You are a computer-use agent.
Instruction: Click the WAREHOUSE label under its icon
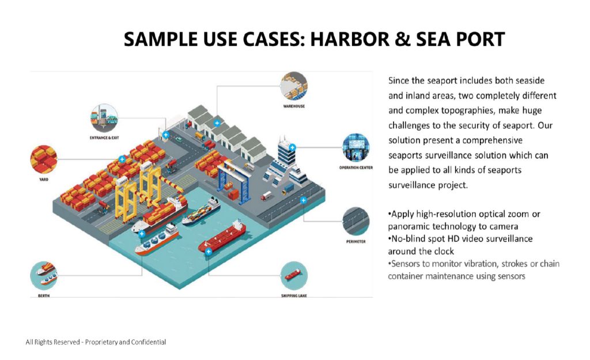tap(294, 107)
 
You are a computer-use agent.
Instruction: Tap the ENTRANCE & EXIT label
tap(104, 137)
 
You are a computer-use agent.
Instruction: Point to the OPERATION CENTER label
tap(356, 168)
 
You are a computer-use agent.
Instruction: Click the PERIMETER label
tap(355, 241)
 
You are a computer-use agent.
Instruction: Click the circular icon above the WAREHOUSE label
tap(294, 86)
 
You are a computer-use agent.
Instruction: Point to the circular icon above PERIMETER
tap(355, 221)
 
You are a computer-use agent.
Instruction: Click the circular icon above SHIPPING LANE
tap(294, 275)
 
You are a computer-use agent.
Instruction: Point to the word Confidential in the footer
tap(148, 342)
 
